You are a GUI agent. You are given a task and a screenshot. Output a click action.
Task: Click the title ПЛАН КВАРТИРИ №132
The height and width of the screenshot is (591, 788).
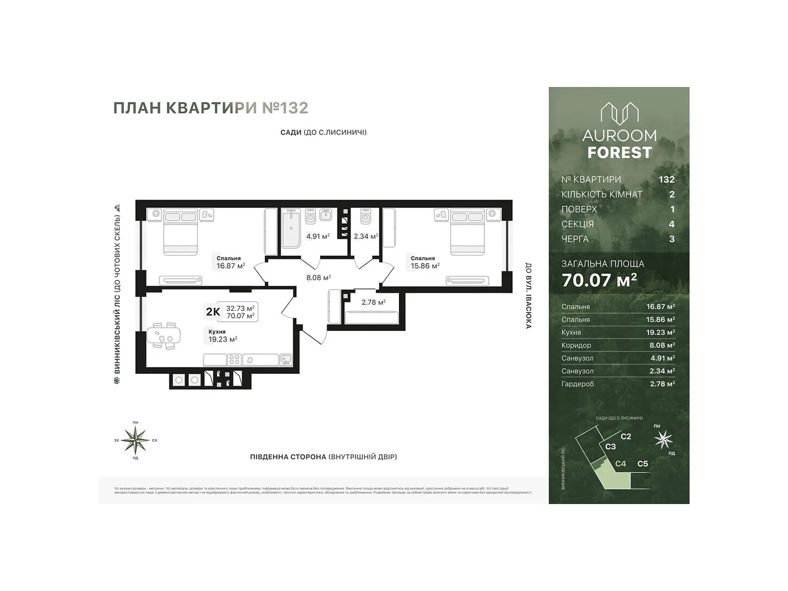point(211,108)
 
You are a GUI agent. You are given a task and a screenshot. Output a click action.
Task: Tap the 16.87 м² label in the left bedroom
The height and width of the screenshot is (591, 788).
point(230,266)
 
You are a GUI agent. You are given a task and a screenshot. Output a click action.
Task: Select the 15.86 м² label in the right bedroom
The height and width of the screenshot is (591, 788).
point(425,266)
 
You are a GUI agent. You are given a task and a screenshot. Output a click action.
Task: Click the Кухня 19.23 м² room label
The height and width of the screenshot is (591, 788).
point(223,336)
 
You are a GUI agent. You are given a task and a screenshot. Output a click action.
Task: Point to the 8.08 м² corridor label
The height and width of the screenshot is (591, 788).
point(318,278)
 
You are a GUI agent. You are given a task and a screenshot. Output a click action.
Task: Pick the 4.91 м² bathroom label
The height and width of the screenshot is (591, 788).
point(318,236)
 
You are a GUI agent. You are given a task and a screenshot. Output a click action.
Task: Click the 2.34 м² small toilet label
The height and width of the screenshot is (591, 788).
point(365,236)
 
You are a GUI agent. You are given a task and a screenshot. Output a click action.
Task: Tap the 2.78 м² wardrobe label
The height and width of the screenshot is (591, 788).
point(373,302)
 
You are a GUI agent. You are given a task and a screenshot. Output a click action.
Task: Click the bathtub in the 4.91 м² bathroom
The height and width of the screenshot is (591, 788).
point(291,228)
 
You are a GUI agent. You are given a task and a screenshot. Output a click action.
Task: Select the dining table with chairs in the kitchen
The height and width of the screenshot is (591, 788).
point(164,336)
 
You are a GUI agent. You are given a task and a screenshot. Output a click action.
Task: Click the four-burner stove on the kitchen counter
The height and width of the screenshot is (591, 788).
point(234,360)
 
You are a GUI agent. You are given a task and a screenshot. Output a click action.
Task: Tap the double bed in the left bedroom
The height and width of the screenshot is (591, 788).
point(180,231)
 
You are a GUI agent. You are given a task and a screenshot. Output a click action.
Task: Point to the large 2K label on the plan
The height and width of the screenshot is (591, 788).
point(213,312)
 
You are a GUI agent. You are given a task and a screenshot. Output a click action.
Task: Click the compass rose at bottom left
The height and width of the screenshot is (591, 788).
point(135,440)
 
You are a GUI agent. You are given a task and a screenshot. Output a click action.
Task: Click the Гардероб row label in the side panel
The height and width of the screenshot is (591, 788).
point(577,384)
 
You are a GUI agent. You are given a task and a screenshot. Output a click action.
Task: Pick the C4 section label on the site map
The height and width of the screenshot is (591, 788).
point(621,464)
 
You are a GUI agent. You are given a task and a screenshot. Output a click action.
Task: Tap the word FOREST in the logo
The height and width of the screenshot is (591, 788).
point(619,153)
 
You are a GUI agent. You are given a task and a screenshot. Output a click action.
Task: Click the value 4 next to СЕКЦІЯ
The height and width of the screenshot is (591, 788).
point(672,224)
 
